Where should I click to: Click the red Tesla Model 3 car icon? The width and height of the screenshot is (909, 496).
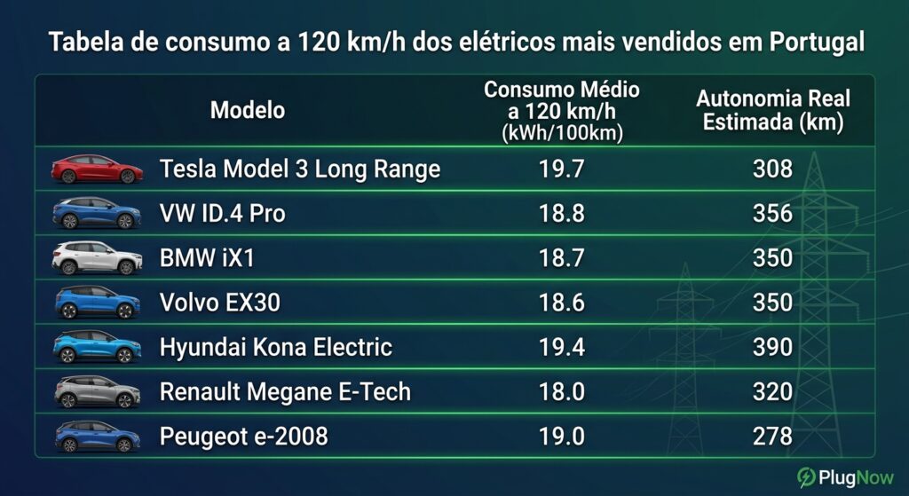97,169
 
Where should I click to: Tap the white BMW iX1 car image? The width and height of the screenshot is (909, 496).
97,258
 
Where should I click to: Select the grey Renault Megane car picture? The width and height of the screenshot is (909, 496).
97,391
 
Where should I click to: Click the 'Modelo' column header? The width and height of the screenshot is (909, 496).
248,110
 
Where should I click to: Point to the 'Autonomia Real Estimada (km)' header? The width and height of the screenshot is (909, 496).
773,110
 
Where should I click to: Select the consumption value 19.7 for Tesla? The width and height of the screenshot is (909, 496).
561,169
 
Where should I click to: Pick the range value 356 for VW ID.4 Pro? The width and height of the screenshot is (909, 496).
772,214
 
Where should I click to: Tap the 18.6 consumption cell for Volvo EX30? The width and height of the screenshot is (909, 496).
561,303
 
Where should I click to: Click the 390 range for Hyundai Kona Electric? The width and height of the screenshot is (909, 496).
772,347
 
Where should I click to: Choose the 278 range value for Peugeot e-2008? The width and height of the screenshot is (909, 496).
772,437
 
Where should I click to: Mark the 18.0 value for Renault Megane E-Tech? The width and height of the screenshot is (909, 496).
561,391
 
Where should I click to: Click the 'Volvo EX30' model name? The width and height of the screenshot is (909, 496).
220,303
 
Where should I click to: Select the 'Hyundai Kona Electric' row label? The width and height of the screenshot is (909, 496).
276,347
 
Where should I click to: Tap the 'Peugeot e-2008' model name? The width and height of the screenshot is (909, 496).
243,437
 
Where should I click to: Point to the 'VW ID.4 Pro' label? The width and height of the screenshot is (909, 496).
223,214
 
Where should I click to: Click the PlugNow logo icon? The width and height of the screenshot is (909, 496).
806,476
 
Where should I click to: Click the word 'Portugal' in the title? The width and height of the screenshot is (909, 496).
818,43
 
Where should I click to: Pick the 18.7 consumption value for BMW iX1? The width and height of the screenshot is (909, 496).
561,258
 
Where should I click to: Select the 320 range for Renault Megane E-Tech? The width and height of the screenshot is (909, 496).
772,391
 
